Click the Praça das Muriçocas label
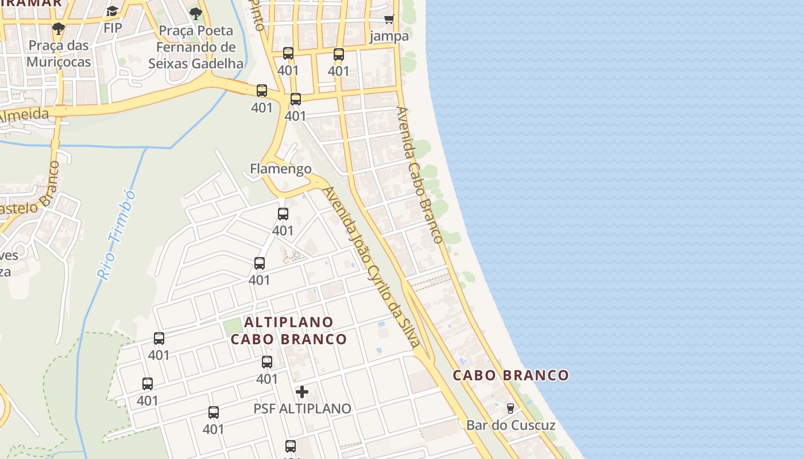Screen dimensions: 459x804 [x=59, y=53]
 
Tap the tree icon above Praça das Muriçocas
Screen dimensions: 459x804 [x=58, y=28]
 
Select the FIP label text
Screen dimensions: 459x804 [x=113, y=28]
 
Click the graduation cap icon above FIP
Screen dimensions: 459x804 [x=112, y=11]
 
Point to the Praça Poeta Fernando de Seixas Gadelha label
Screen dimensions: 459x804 [x=196, y=47]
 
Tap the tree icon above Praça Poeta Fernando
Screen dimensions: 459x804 [x=196, y=13]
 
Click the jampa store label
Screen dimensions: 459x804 [x=389, y=36]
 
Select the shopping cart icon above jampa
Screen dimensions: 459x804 [x=389, y=19]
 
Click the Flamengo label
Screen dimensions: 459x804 [x=281, y=169]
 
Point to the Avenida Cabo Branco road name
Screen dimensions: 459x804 [x=419, y=175]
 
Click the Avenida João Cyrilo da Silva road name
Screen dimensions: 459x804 [x=372, y=267]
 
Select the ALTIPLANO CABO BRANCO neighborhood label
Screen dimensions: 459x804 [x=289, y=330]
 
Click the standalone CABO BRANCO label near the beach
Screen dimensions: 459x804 [x=511, y=375]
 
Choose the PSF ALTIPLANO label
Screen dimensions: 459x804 [x=302, y=409]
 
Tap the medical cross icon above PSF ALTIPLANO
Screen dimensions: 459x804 [x=302, y=392]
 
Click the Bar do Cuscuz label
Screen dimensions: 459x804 [x=511, y=425]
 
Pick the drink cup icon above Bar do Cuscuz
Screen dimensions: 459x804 [x=510, y=409]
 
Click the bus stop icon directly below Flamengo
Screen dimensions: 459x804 [x=283, y=214]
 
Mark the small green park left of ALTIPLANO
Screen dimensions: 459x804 [x=233, y=328]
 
